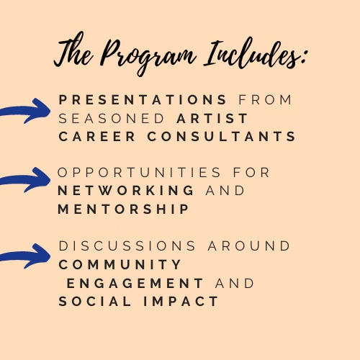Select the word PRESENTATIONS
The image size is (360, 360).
coord(143,99)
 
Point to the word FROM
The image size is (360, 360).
coord(265,99)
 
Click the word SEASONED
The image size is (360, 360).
coord(112,118)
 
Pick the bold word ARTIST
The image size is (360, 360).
coord(212,118)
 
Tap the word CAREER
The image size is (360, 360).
coord(97,137)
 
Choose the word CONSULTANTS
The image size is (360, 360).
coord(221,137)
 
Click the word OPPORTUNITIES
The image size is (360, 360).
coord(139,172)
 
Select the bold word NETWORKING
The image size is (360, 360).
coord(126,191)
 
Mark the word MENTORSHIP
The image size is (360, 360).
coord(123,209)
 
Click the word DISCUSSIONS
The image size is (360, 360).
coord(127,246)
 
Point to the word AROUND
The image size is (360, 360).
coord(249,246)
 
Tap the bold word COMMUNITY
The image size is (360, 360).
coord(120,264)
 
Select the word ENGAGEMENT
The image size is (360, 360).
coord(135,283)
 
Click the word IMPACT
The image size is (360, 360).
coord(181,302)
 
